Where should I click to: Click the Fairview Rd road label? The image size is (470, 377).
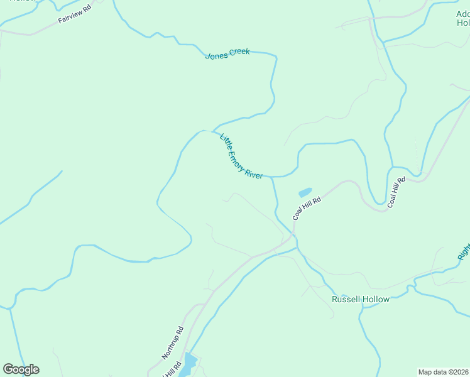[x=75, y=16]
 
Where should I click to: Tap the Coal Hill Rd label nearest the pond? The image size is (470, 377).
[x=307, y=208]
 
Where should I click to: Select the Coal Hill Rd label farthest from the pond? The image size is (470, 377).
[x=397, y=192]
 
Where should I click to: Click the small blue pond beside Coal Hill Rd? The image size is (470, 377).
[x=305, y=192]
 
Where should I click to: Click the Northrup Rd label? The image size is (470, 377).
[x=172, y=342]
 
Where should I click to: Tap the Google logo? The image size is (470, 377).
[x=21, y=369]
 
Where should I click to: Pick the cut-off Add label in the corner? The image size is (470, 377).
[x=462, y=13]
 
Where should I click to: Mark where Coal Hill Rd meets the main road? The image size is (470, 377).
[x=292, y=236]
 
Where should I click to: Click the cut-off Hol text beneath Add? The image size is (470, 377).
[x=463, y=23]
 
